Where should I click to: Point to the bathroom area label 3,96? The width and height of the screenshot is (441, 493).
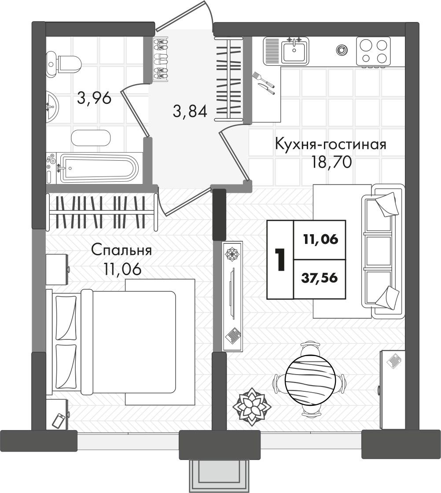(94, 98)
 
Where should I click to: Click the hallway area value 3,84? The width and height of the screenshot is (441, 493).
(190, 111)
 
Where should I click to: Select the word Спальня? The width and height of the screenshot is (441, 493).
(121, 251)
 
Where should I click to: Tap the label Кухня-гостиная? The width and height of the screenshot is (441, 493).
(331, 145)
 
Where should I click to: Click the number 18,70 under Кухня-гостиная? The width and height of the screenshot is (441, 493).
(331, 162)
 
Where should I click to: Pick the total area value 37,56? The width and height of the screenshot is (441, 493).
(320, 278)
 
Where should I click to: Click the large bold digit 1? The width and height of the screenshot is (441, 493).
(280, 259)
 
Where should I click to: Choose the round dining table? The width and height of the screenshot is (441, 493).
(309, 379)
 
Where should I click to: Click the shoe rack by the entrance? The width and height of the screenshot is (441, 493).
(160, 59)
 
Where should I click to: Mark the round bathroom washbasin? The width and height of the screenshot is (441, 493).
(52, 106)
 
